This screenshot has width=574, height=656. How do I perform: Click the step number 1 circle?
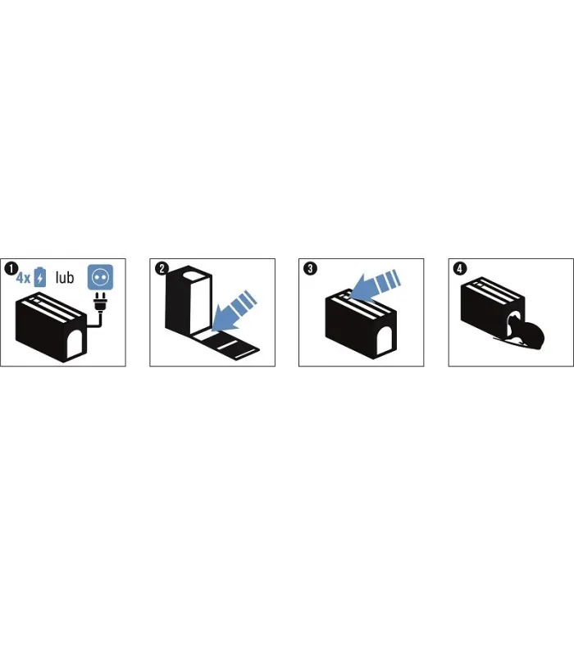11,269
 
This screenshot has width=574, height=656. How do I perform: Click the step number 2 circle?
162,269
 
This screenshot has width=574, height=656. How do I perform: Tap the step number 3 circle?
310,269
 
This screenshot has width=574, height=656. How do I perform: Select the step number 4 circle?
460,269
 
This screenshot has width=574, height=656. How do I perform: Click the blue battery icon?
39,277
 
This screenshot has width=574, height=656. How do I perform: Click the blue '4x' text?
24,278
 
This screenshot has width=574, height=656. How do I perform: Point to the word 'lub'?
65,277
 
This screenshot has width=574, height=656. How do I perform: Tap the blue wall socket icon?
100,277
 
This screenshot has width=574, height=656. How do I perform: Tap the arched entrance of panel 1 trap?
74,344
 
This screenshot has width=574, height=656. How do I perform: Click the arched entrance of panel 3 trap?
385,339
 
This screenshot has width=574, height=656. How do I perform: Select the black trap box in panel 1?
51,326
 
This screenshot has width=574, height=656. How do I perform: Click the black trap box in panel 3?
361,324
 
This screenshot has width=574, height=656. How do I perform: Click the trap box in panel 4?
493,309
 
